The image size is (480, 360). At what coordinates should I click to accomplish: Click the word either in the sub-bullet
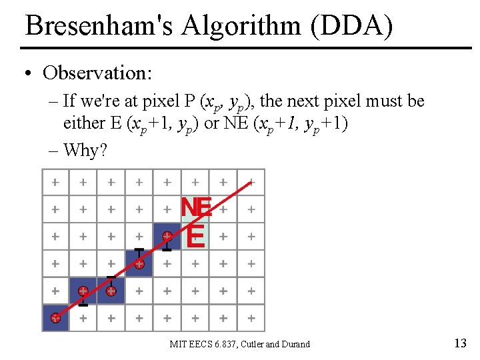coord(84,123)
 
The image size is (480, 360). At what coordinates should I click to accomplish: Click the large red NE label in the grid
coord(196,207)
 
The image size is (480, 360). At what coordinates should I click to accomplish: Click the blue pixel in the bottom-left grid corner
coord(55,318)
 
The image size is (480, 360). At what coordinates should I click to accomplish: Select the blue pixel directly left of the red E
coord(167,236)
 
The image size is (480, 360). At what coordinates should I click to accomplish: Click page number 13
coord(460,343)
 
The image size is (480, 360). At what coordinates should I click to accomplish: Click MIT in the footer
coord(178,344)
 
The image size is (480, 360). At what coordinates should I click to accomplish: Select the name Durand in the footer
coord(295,344)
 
